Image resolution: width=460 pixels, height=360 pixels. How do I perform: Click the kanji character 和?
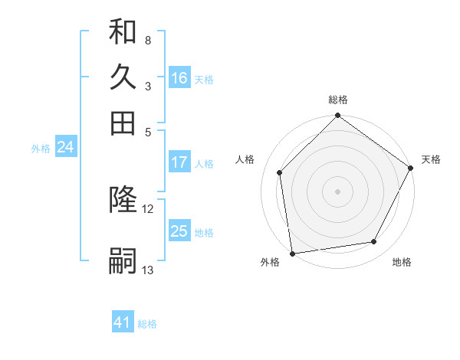pos(123,32)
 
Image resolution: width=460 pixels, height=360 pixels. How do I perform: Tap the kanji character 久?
pos(123,77)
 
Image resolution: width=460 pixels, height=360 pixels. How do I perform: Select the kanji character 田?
pos(123,123)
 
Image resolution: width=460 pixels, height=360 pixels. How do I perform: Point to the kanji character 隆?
pos(123,201)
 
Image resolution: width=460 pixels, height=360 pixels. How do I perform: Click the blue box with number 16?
pos(179,77)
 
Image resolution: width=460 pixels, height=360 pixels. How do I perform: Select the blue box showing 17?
pos(179,162)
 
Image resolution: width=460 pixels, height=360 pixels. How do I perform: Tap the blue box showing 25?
pos(179,231)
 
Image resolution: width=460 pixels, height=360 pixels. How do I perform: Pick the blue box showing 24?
pos(65,148)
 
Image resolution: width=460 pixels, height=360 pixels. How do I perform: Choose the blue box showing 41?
pos(123,322)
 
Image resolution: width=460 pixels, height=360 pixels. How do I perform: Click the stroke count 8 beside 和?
pos(147,40)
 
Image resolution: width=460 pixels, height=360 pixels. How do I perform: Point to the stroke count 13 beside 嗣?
pos(148,270)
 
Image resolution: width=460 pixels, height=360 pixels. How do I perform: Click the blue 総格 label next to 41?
pos(147,324)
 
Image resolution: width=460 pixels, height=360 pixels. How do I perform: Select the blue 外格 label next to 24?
pos(41,149)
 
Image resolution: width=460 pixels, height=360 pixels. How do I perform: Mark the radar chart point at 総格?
pos(337,117)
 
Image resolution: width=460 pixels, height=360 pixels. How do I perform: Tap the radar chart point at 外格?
pos(292,253)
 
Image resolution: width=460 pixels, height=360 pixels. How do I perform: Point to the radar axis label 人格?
pos(245,159)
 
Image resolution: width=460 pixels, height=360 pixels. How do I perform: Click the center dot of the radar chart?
pos(337,191)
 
